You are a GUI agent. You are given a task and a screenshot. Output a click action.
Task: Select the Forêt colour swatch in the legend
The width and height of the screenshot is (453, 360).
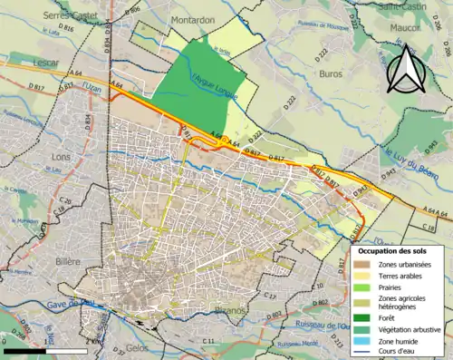coord(363,317)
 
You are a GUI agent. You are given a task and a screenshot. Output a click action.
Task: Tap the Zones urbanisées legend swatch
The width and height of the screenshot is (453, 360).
coord(363,263)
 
